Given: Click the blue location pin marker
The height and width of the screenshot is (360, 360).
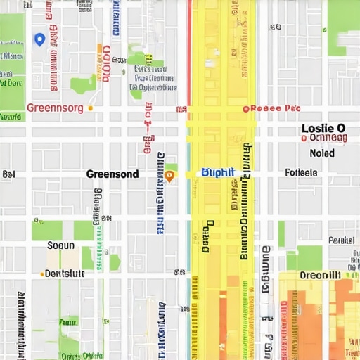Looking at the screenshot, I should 39,39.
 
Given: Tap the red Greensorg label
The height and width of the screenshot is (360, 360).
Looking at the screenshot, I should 54,108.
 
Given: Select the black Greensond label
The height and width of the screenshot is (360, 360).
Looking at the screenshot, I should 112,174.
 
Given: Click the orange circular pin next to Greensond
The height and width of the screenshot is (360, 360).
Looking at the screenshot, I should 169,176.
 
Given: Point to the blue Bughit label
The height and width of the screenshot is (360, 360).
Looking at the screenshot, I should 217,172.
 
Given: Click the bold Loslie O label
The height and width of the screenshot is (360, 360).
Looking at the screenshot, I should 323,129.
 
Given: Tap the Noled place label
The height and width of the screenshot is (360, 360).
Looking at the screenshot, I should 322,153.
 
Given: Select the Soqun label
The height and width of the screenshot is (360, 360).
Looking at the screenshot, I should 60,245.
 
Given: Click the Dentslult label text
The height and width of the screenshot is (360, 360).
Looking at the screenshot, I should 65,274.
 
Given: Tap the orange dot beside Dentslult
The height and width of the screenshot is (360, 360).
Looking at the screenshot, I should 42,274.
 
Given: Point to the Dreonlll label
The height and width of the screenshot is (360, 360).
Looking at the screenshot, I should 320,275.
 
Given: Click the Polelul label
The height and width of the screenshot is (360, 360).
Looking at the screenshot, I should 341,240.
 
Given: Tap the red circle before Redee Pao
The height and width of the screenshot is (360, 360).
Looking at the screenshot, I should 245,109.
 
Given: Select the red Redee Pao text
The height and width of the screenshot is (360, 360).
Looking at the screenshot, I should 276,109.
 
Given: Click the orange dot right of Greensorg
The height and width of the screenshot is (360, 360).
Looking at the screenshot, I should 91,109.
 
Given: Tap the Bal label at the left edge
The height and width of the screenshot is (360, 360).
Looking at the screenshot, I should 8,174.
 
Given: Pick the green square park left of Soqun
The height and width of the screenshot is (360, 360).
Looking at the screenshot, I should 46,230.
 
